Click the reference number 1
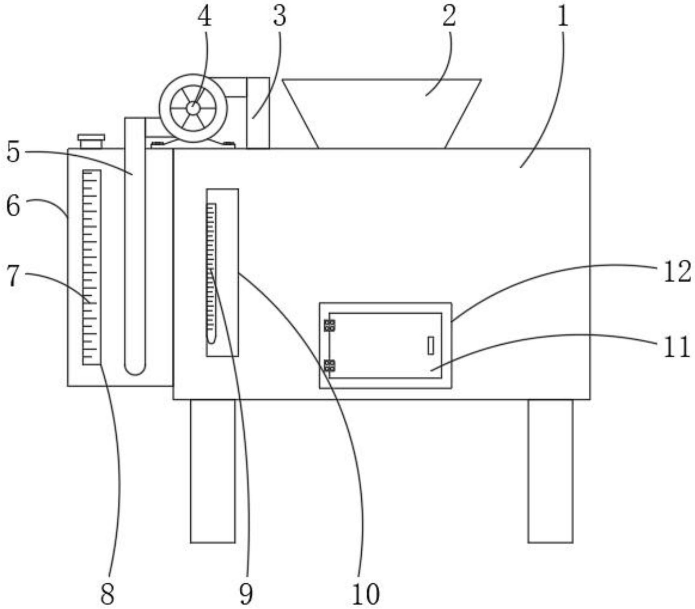(562, 17)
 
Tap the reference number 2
(449, 17)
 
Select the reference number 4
(205, 17)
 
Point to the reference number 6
(13, 207)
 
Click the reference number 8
(107, 594)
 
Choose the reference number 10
(365, 594)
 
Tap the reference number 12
(677, 272)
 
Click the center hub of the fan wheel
(193, 109)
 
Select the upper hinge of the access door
(330, 326)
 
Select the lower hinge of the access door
(330, 366)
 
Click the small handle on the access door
(431, 345)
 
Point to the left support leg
(213, 471)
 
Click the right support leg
(550, 471)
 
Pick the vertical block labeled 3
(258, 113)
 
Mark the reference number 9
(246, 594)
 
